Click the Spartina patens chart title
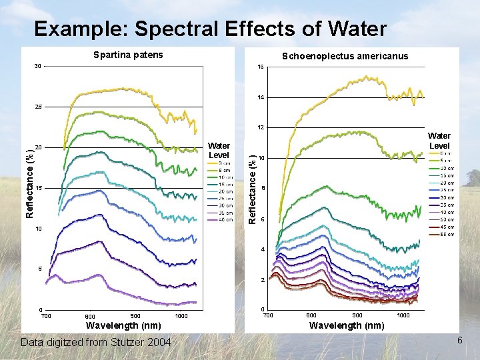point(127,55)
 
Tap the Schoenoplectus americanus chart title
point(345,56)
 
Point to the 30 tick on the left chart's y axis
point(38,66)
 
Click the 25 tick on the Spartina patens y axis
point(38,107)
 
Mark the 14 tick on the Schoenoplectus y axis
point(261,98)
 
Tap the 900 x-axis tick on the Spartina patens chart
point(135,315)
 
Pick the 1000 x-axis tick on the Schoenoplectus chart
point(403,315)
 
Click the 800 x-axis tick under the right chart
point(311,315)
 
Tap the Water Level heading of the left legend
point(219,150)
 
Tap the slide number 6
point(459,341)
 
